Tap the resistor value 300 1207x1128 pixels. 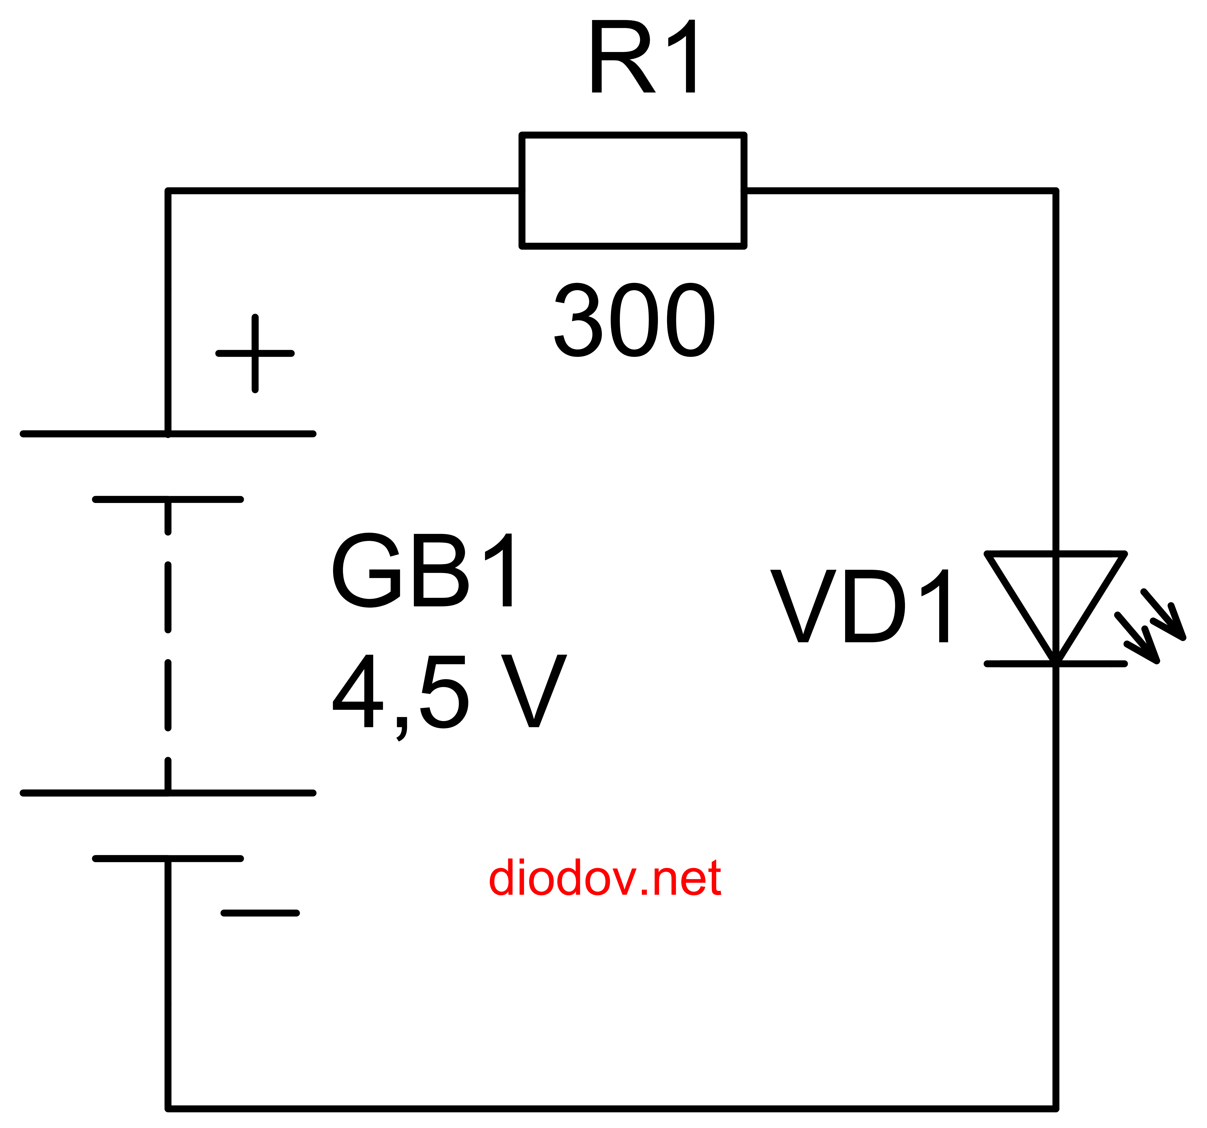point(634,320)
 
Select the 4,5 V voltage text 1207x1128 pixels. point(449,692)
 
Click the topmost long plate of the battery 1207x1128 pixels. point(168,434)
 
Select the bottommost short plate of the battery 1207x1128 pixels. point(168,858)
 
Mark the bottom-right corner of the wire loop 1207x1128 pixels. point(1056,1109)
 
